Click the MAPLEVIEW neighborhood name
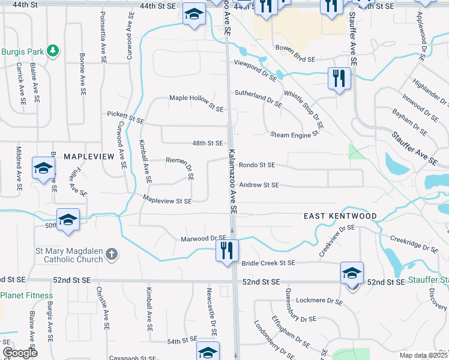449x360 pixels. pos(88,156)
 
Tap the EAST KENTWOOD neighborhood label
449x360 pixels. pos(340,216)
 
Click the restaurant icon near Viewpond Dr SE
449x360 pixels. pos(339,78)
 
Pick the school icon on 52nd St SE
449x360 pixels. pos(352,273)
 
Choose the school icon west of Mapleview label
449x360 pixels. pos(43,170)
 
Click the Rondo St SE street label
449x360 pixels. pos(256,165)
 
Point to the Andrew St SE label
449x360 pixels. pos(259,185)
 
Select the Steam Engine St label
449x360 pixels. pos(294,135)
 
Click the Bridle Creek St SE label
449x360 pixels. pos(268,263)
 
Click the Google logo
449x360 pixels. pos(20,353)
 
